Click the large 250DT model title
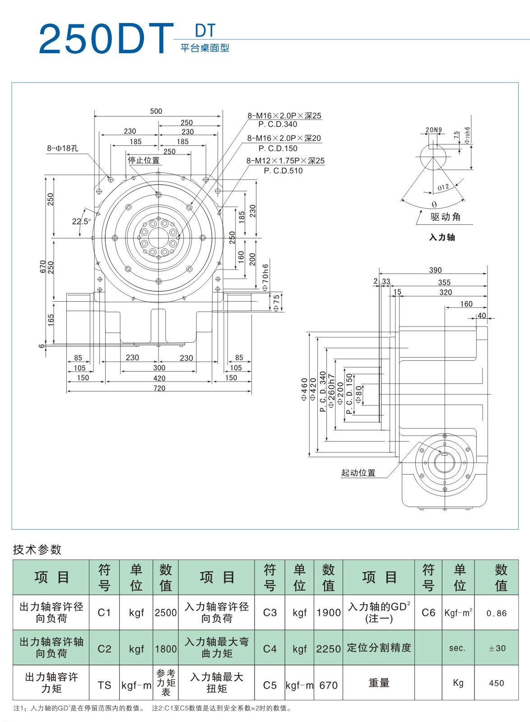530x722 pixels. click(x=106, y=39)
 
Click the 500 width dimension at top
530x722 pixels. click(x=156, y=111)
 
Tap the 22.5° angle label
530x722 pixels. click(x=81, y=221)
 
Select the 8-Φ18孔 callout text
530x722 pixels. click(x=63, y=148)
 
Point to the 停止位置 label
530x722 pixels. click(x=144, y=160)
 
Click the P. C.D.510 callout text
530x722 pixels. click(x=283, y=171)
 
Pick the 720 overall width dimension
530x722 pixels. click(x=159, y=388)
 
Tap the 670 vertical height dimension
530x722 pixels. click(x=43, y=266)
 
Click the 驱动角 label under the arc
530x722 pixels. click(x=446, y=217)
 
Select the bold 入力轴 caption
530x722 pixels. click(x=442, y=237)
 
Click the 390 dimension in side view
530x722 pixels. click(x=435, y=270)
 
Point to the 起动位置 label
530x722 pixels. click(x=358, y=473)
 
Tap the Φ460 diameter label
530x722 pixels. click(x=304, y=389)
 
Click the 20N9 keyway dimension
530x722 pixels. click(x=434, y=130)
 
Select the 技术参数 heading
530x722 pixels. click(x=37, y=550)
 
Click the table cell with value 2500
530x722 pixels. click(x=166, y=613)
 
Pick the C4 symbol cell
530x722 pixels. click(x=270, y=649)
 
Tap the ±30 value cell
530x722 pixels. click(x=497, y=648)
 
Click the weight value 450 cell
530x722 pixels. click(x=497, y=683)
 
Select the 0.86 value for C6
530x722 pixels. click(x=497, y=613)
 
